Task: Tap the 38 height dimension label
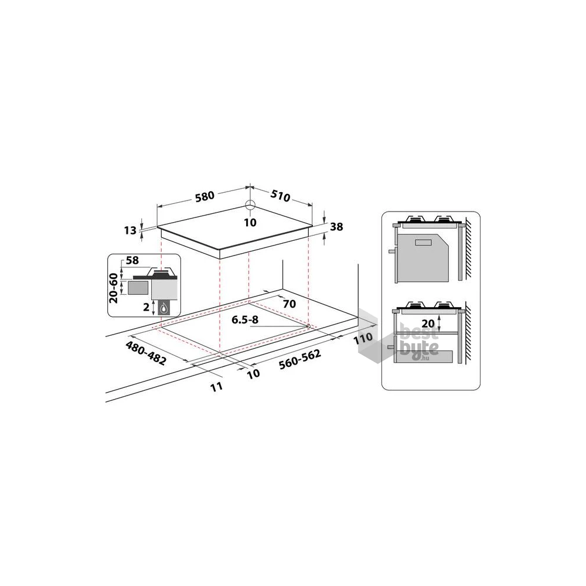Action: [336, 227]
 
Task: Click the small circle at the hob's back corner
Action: [250, 205]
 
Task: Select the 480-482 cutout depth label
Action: [146, 353]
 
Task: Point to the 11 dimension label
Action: [217, 386]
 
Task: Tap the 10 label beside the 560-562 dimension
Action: [253, 374]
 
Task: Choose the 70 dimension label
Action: [288, 304]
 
